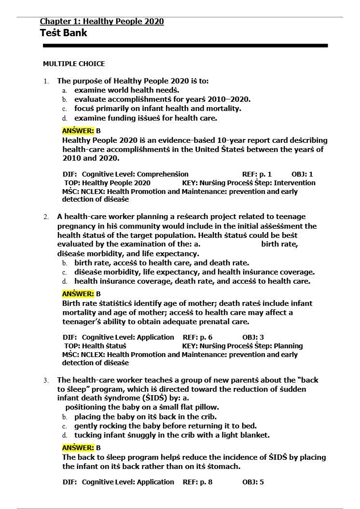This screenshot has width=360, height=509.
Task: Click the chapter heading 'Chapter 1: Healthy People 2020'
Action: click(102, 22)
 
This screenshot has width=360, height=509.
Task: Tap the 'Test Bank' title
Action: click(64, 33)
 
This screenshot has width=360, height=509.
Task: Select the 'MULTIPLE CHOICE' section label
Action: click(74, 64)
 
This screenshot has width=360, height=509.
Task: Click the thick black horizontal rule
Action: click(185, 46)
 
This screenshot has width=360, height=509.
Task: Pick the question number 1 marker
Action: click(46, 81)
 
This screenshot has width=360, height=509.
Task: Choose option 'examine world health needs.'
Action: click(126, 90)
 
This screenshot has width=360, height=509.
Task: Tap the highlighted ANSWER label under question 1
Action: click(78, 131)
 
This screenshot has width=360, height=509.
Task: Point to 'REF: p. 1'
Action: click(257, 174)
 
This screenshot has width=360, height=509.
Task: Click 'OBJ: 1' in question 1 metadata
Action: click(302, 174)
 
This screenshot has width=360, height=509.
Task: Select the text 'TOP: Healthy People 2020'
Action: click(107, 183)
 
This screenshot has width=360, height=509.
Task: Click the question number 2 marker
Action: click(46, 217)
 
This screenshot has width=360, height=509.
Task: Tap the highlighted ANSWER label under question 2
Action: click(78, 294)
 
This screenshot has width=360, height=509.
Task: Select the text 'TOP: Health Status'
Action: click(95, 346)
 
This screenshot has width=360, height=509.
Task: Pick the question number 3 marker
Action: click(46, 380)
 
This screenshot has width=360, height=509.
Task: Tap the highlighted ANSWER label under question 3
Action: click(78, 448)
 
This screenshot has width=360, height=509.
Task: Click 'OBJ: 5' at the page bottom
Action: click(253, 482)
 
